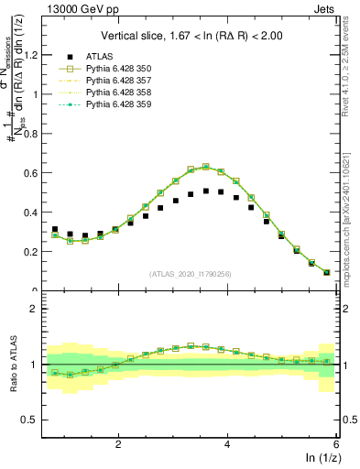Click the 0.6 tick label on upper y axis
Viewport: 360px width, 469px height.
click(35, 172)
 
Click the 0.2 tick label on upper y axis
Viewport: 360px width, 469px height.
click(35, 251)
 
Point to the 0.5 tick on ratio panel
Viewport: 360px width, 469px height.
click(35, 420)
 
